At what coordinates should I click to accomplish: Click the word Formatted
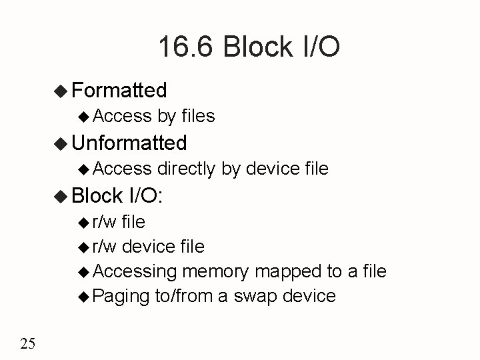coord(119,89)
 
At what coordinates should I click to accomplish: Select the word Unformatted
coord(129,142)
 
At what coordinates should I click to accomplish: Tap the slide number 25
coord(28,343)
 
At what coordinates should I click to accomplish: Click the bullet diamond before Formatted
coord(61,90)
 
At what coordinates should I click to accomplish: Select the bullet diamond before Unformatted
coord(61,143)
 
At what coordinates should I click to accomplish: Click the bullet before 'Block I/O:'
coord(61,196)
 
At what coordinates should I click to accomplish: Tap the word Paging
coord(121,296)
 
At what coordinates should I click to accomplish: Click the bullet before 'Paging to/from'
coord(83,296)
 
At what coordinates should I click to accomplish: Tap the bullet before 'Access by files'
coord(83,117)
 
